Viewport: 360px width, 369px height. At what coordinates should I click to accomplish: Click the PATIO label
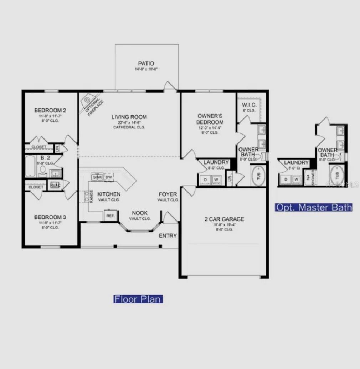coord(146,64)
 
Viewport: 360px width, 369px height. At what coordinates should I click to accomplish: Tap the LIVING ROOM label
coord(129,117)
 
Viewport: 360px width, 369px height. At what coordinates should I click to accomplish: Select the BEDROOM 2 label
coord(50,110)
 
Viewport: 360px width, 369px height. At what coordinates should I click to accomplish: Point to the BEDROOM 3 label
coord(50,217)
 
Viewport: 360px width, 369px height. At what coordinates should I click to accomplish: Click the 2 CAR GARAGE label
coord(224,219)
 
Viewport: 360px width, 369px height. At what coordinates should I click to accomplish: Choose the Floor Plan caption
coord(138,299)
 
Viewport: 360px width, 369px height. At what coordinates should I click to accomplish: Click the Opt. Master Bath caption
coord(314,207)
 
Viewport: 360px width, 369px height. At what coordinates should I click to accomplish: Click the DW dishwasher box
coord(109,177)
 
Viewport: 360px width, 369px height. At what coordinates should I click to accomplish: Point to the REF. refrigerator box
coord(110,216)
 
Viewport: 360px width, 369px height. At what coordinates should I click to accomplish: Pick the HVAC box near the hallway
coord(55,185)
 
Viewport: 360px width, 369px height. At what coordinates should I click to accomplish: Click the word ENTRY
coord(168,236)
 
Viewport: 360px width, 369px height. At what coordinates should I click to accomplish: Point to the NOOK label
coord(140,213)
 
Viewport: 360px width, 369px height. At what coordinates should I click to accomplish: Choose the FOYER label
coord(168,194)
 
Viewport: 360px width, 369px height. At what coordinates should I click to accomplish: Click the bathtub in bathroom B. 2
coord(30,166)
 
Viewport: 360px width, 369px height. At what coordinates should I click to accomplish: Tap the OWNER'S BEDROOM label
coord(210,119)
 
